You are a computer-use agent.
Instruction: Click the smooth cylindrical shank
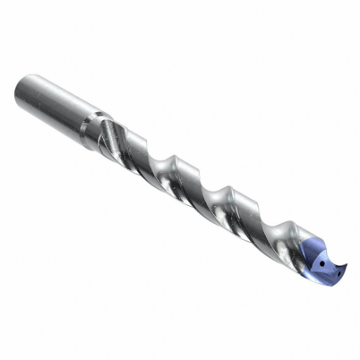click(55, 103)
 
